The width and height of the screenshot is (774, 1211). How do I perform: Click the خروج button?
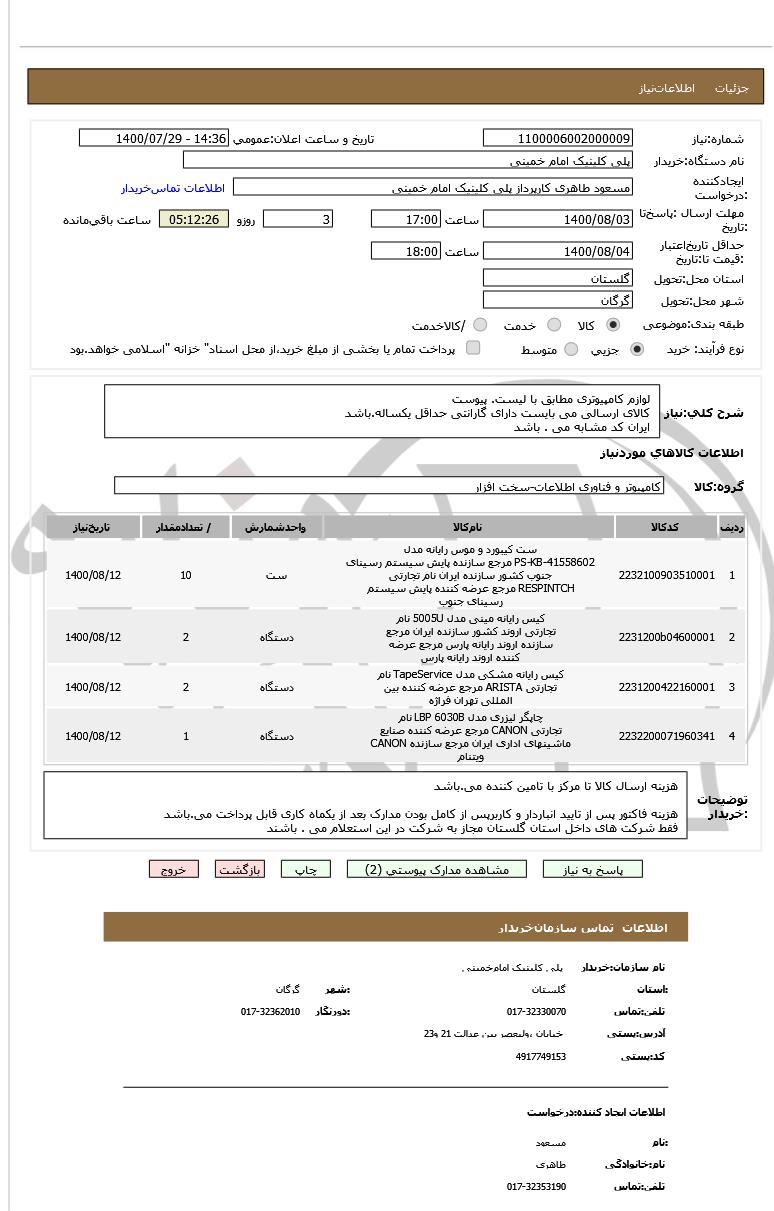pos(174,869)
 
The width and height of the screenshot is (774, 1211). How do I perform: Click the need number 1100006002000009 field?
pos(558,138)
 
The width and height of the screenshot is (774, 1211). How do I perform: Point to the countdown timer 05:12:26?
pos(194,219)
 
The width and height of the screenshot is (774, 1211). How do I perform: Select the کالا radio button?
pos(613,325)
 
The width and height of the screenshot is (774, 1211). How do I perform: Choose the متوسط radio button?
pos(571,349)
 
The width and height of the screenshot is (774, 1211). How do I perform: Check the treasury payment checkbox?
pos(473,348)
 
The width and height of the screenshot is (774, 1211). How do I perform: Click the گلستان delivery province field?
pos(558,278)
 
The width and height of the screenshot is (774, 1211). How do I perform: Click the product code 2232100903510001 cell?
pos(667,576)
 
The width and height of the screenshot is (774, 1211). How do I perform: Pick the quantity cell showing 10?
pos(186,576)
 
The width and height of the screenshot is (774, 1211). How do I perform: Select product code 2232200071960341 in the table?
pos(667,737)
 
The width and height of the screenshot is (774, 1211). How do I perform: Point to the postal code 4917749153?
pos(541,1056)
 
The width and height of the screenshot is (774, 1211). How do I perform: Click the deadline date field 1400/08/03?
pos(558,219)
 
